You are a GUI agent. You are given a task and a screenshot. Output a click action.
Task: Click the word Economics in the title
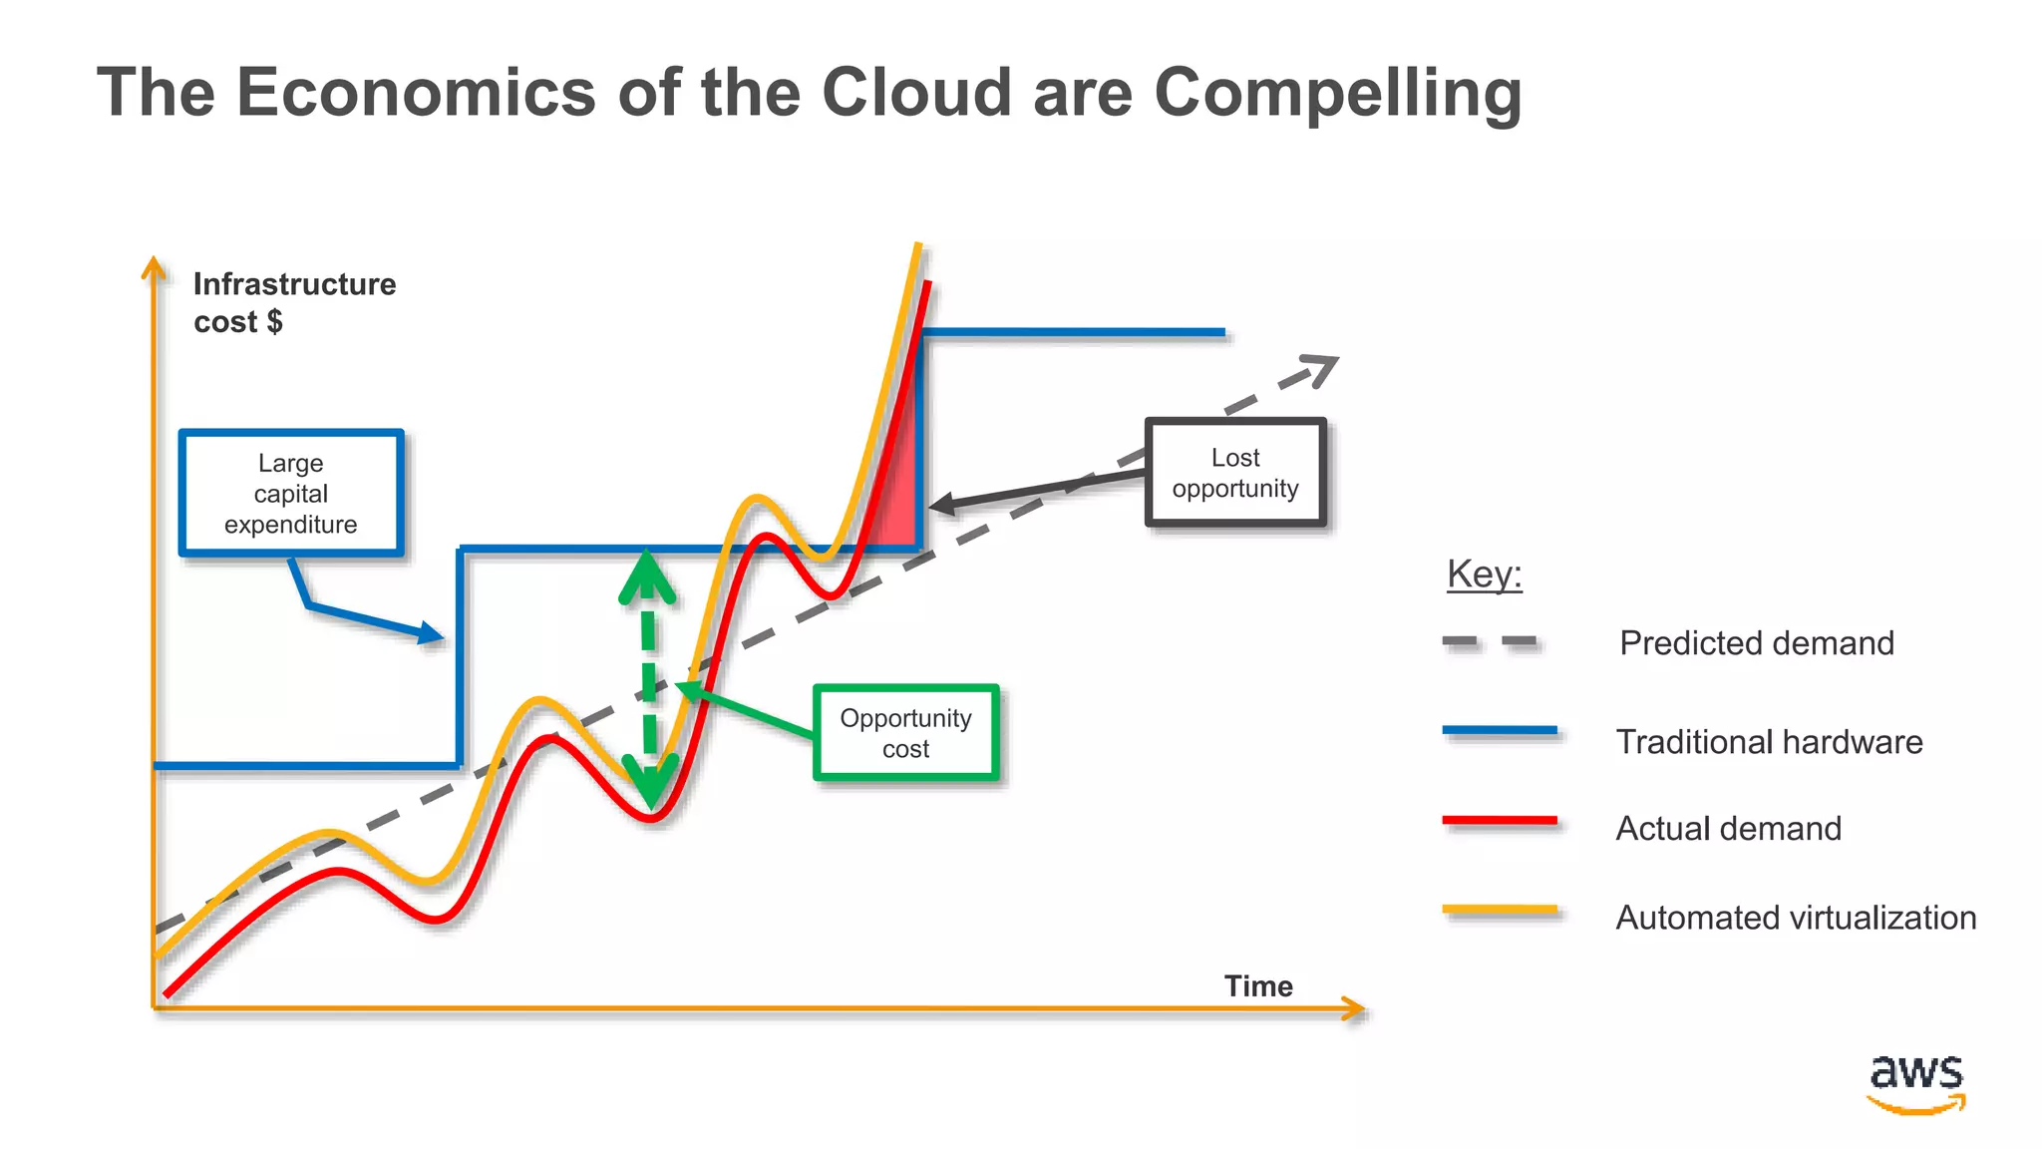[416, 93]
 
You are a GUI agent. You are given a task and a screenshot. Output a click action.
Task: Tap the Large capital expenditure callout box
[291, 494]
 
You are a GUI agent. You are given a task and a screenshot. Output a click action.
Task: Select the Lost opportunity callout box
[1235, 473]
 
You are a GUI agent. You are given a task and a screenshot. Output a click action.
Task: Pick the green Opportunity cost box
[905, 733]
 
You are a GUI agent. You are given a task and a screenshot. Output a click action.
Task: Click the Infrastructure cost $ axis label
[294, 302]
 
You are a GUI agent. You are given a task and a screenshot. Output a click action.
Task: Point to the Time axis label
[1258, 986]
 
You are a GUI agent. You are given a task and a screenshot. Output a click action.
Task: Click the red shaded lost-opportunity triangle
[898, 499]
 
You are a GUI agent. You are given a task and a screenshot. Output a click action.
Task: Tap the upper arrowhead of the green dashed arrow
[647, 578]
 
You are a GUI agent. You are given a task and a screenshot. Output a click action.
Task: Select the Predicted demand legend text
[1756, 643]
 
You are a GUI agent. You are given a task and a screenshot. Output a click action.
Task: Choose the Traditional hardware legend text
[1769, 742]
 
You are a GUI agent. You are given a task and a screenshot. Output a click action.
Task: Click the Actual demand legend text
[1728, 829]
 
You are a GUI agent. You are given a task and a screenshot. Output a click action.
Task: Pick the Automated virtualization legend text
[1796, 918]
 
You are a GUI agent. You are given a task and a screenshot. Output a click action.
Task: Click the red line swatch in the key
[1500, 821]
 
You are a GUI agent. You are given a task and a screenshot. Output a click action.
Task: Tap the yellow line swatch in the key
[1500, 910]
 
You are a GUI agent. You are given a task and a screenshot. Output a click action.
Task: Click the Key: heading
[1485, 574]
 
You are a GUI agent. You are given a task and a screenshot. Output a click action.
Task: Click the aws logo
[1915, 1083]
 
